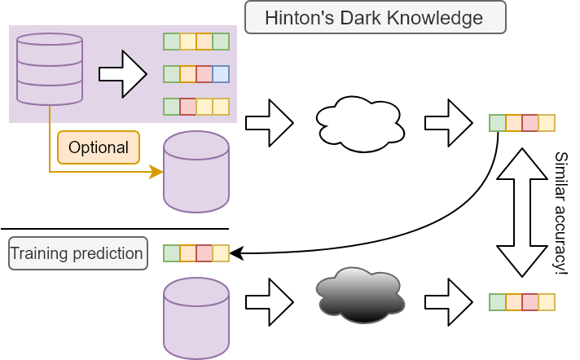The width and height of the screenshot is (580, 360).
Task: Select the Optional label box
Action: tap(99, 147)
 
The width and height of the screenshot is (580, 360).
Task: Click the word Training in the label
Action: tap(37, 253)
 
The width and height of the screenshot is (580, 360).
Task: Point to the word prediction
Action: tap(108, 253)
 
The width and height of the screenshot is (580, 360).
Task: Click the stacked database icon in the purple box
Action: tap(50, 68)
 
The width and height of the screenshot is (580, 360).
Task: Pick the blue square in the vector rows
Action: tap(221, 74)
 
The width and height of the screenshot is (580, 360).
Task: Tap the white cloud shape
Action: tap(359, 123)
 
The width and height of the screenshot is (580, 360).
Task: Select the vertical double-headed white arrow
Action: tap(522, 213)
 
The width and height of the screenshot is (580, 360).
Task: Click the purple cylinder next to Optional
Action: tap(196, 172)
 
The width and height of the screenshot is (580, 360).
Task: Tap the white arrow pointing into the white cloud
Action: tap(269, 123)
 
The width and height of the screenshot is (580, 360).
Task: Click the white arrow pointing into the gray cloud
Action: tap(269, 302)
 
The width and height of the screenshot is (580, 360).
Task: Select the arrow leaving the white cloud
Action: tap(448, 123)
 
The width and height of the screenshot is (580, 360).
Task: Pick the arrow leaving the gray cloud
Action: tap(448, 302)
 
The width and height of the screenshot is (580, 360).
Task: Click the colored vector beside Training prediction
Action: tap(196, 253)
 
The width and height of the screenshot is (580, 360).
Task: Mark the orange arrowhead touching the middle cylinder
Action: tap(155, 172)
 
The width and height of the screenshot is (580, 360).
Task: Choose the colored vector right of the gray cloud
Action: tap(522, 302)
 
